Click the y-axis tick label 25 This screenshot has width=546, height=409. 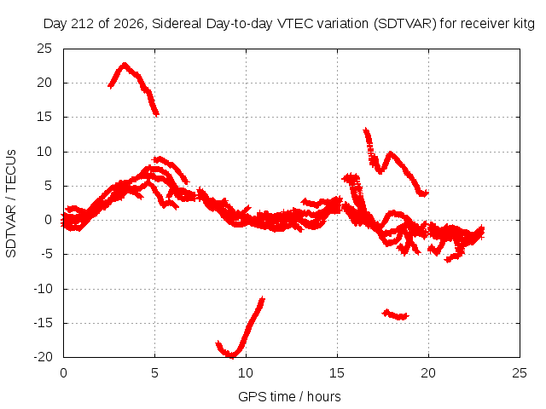tap(44, 49)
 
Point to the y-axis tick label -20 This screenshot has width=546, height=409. tap(43, 357)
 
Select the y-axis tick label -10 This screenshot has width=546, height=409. tap(43, 289)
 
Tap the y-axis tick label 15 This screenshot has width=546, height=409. tap(44, 118)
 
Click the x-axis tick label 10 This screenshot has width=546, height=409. tap(246, 373)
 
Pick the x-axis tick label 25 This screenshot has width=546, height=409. tap(520, 373)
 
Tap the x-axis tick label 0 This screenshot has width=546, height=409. tap(63, 373)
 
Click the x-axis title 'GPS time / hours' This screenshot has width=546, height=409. tap(289, 396)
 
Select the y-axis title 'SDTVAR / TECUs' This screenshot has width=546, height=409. tap(11, 204)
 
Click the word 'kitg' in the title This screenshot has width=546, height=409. tap(524, 24)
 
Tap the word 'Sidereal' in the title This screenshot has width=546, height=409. tap(177, 24)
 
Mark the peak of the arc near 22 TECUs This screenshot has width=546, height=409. tap(125, 65)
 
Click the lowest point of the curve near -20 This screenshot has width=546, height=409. tap(231, 355)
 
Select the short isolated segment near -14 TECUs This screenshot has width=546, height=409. tap(396, 314)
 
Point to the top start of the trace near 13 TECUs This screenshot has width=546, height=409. tap(365, 130)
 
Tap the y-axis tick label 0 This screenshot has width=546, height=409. tap(48, 220)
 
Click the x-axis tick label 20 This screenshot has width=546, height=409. tap(428, 373)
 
